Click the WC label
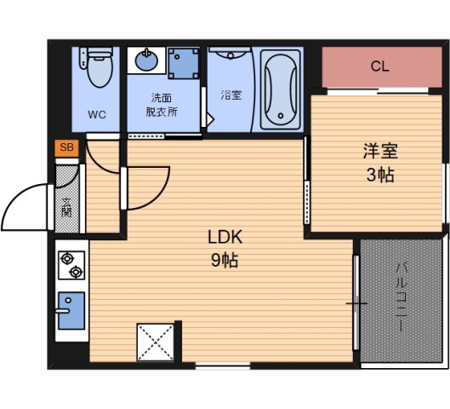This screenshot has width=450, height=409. (96, 114)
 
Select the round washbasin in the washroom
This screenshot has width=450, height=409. (145, 61)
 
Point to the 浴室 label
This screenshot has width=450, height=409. (231, 95)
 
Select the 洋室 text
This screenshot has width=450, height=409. (380, 153)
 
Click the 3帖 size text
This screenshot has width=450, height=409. (380, 176)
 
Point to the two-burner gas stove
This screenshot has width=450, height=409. (71, 263)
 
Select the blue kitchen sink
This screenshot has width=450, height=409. (71, 310)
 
